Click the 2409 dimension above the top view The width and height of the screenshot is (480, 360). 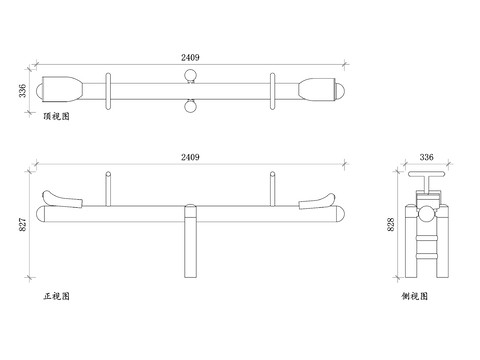coord(190,57)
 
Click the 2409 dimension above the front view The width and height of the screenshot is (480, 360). coord(190,157)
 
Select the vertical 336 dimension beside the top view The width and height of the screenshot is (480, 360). coord(22,91)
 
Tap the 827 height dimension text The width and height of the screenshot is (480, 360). coord(22,225)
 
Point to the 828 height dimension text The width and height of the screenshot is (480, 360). coord(391,225)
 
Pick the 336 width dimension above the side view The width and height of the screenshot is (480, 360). coord(426,157)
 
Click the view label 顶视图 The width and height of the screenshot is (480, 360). coord(57,116)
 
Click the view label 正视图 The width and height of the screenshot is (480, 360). coord(57,296)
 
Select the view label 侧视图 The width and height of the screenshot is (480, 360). coord(414,296)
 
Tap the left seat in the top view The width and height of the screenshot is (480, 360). coord(62,89)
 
